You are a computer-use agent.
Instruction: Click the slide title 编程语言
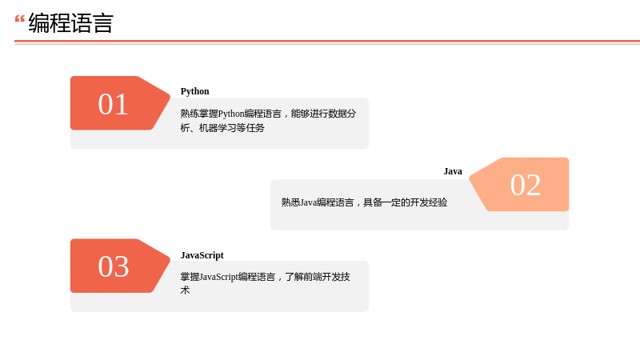(x=70, y=23)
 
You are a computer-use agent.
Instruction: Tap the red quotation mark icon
(x=19, y=18)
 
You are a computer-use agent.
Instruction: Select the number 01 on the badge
(x=113, y=104)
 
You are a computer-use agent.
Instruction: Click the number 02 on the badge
(x=526, y=185)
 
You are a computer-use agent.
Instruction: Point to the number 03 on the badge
(x=113, y=266)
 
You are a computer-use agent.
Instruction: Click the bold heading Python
(x=194, y=91)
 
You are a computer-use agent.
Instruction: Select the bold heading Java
(x=453, y=171)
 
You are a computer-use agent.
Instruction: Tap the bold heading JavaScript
(x=202, y=255)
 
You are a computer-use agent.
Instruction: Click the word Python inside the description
(x=231, y=114)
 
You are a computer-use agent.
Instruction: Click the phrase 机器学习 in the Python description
(x=218, y=128)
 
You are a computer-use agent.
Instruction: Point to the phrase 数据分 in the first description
(x=342, y=114)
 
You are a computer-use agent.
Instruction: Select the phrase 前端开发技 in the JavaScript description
(x=327, y=277)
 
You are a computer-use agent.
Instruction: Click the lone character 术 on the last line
(x=185, y=290)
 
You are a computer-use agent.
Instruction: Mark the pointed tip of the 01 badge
(x=170, y=97)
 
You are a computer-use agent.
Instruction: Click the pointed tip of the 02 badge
(x=470, y=178)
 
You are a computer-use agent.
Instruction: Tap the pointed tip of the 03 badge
(x=170, y=259)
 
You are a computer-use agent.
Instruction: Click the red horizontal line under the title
(x=327, y=42)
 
